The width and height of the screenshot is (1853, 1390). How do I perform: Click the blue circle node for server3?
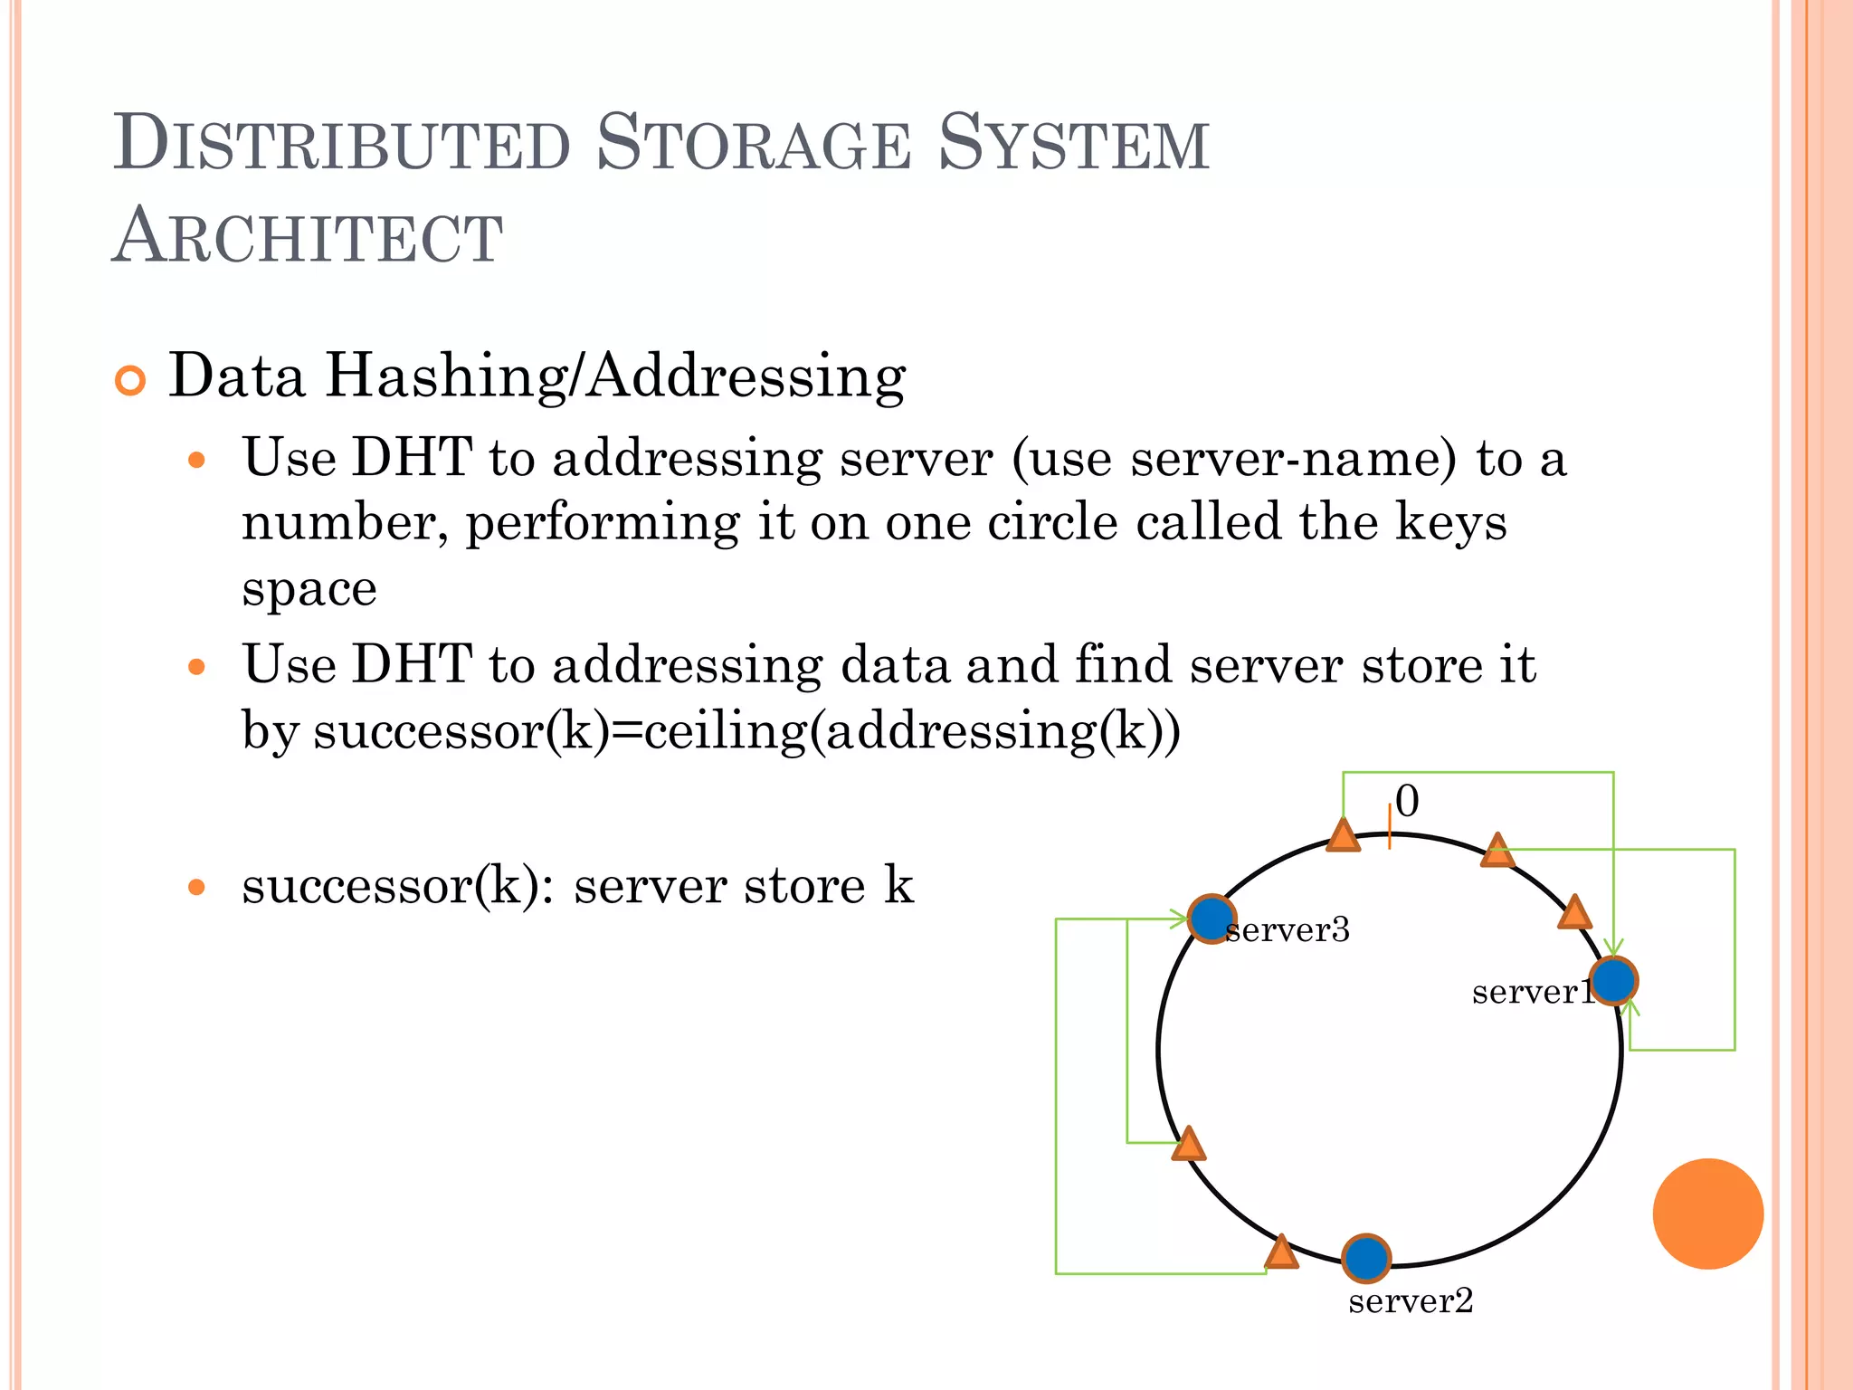pos(1211,919)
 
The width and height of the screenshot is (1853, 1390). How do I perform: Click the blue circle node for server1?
pos(1612,981)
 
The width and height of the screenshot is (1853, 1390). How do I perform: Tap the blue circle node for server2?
pos(1365,1258)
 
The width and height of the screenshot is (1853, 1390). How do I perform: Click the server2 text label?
pos(1410,1301)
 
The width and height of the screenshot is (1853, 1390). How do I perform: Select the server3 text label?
pos(1288,930)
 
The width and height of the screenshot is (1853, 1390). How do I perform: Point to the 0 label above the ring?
pos(1407,801)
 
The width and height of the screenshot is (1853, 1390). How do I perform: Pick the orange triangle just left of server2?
pos(1281,1253)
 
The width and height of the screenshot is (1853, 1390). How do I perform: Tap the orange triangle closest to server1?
pos(1574,914)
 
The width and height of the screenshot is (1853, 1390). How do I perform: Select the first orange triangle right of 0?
pos(1497,852)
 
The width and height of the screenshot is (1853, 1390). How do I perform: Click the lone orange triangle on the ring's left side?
pos(1188,1146)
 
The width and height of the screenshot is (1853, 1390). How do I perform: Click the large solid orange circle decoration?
pos(1707,1214)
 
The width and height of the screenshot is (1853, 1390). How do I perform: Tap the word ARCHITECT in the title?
pos(308,237)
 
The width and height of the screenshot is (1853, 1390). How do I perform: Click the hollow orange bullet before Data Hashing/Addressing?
pos(130,381)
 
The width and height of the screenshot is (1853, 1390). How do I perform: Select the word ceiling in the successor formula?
pos(725,731)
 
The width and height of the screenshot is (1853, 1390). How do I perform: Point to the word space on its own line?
pos(309,590)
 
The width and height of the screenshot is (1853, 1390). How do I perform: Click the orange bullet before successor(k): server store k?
pos(196,887)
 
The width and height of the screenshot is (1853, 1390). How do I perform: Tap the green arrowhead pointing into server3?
pos(1180,919)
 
